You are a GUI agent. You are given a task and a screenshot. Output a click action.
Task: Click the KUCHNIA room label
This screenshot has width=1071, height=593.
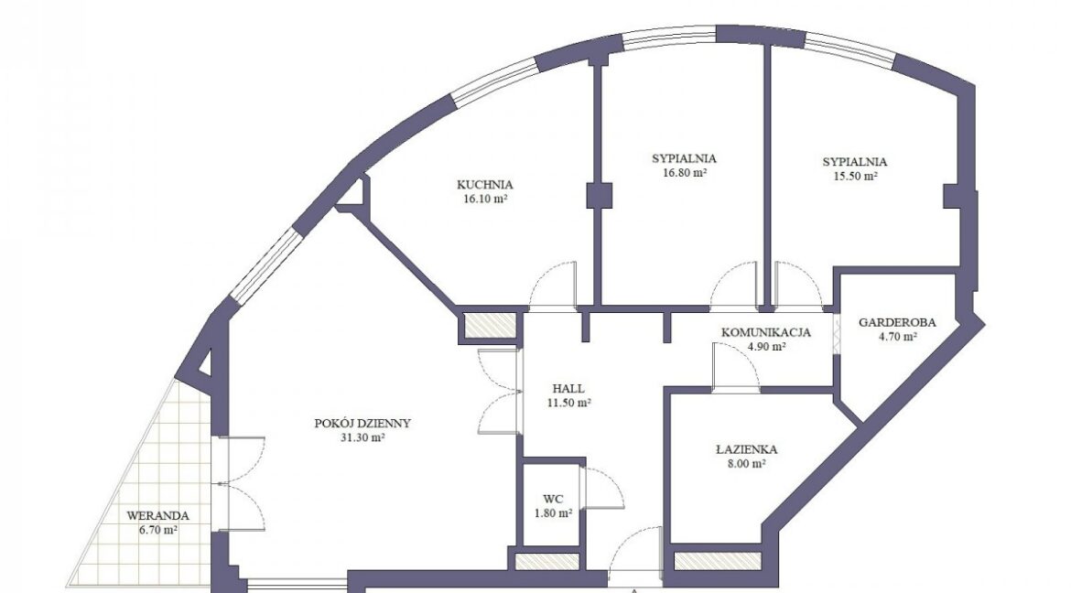(485, 185)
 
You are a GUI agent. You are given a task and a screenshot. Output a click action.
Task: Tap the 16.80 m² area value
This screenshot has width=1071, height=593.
(685, 173)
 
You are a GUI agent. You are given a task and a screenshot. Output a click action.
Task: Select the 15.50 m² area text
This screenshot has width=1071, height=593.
(855, 176)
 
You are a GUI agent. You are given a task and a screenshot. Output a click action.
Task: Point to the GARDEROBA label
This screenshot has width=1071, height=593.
(897, 322)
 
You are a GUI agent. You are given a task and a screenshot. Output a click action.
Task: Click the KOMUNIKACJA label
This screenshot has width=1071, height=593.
(766, 333)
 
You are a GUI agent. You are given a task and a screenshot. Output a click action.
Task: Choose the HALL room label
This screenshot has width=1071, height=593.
(568, 389)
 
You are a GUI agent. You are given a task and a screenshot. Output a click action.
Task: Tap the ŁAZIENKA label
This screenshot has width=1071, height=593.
(747, 449)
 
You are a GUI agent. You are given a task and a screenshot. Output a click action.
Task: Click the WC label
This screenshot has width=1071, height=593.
(553, 499)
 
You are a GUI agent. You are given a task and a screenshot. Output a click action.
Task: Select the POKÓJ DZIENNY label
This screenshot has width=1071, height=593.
(362, 423)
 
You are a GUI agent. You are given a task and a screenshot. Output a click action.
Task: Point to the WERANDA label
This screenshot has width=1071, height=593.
(157, 516)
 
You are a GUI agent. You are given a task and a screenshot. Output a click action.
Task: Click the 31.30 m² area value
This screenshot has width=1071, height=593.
(362, 438)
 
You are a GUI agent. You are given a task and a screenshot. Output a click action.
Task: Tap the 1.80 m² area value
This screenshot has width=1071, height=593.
(553, 513)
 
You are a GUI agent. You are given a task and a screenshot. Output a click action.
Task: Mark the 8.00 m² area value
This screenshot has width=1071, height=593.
(747, 464)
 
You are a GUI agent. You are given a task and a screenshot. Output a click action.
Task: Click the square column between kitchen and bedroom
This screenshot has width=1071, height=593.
(599, 196)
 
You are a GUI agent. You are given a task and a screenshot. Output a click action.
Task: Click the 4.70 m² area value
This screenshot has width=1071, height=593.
(897, 337)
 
